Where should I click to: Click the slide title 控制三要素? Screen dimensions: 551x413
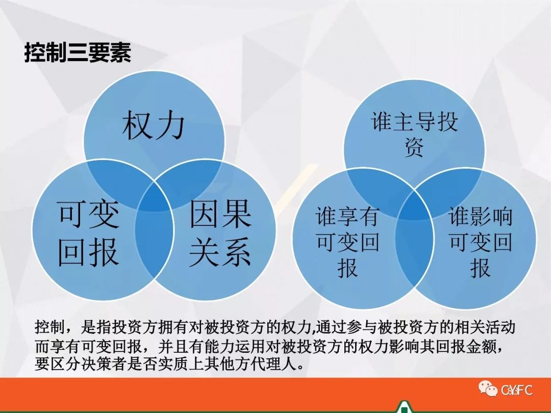pos(78,53)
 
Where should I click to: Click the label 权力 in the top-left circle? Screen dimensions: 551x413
pos(154,125)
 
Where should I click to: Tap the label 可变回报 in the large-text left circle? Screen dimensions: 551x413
pos(89,233)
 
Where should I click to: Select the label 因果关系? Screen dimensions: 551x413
pos(220,233)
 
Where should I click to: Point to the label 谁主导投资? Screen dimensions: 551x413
pos(414,134)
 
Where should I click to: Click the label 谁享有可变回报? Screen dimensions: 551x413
pos(347,242)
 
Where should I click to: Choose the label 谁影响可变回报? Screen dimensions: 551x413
pos(481,242)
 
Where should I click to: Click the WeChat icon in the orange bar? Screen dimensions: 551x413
pos(487,389)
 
